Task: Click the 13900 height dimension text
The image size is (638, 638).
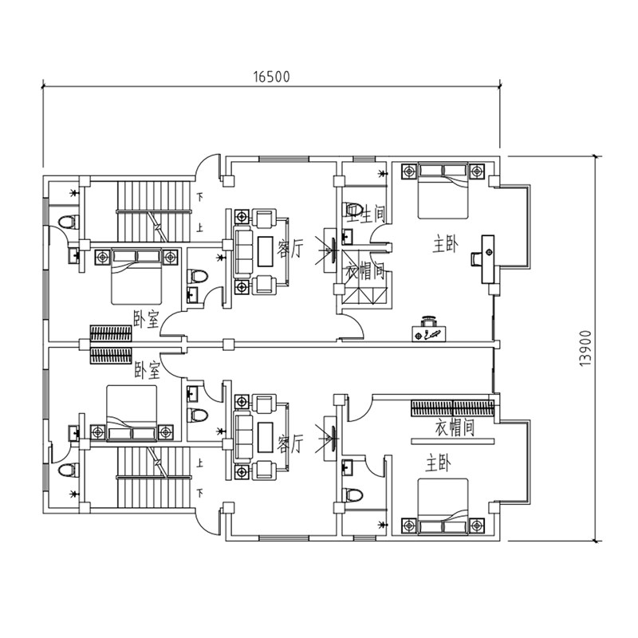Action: tap(585, 348)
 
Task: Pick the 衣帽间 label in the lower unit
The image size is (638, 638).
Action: tap(455, 428)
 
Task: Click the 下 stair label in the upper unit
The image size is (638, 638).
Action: tap(199, 196)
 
